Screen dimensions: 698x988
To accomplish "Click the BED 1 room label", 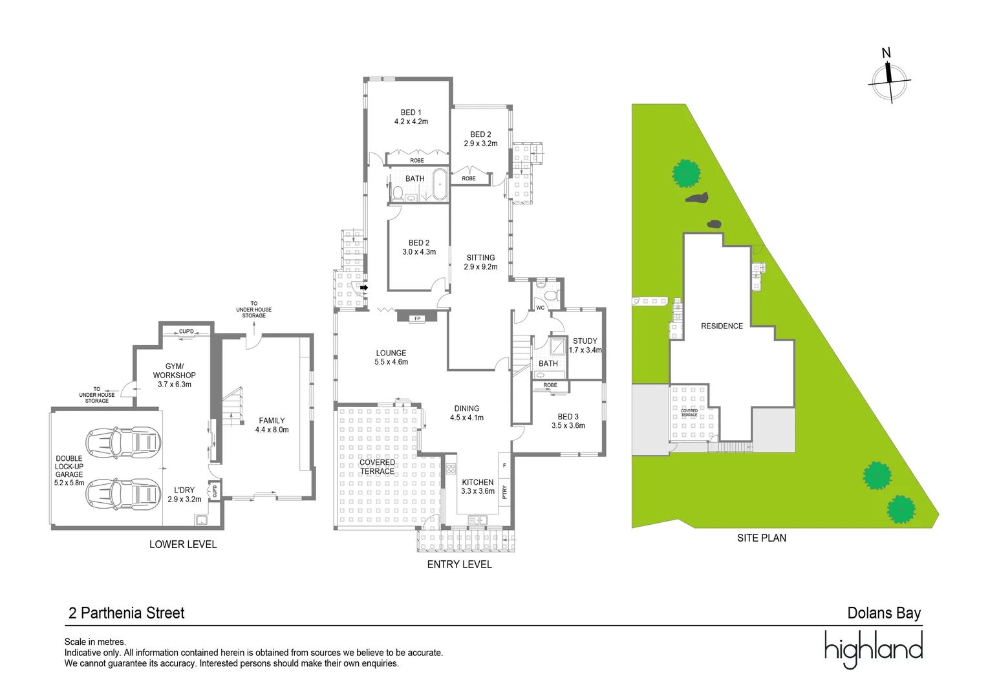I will (x=411, y=117).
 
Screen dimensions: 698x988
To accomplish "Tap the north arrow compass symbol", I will (x=889, y=80).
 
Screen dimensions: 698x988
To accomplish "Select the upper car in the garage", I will (x=124, y=442).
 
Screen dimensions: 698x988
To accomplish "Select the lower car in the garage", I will (x=124, y=494).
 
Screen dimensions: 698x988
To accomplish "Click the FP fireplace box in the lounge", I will (x=417, y=318).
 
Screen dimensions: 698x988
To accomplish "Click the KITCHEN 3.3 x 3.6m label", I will (x=477, y=487).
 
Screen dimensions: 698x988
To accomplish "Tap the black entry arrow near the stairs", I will (x=364, y=288).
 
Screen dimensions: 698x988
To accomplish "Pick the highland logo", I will (x=873, y=649).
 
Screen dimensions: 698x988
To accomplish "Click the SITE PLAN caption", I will (x=761, y=538).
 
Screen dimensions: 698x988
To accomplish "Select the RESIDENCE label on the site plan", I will (x=722, y=326).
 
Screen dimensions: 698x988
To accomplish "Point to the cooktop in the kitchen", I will (x=451, y=469).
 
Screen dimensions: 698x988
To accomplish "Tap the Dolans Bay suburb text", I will (x=883, y=613).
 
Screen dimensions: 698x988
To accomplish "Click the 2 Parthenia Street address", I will (x=127, y=613).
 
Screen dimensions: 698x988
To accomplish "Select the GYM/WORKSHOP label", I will (x=174, y=375).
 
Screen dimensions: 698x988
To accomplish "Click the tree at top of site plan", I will (x=686, y=173).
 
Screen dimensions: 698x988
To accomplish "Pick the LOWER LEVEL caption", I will (x=183, y=544).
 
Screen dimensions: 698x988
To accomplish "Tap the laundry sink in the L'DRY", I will (x=201, y=520).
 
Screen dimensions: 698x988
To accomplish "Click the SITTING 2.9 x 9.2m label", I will (x=480, y=262).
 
